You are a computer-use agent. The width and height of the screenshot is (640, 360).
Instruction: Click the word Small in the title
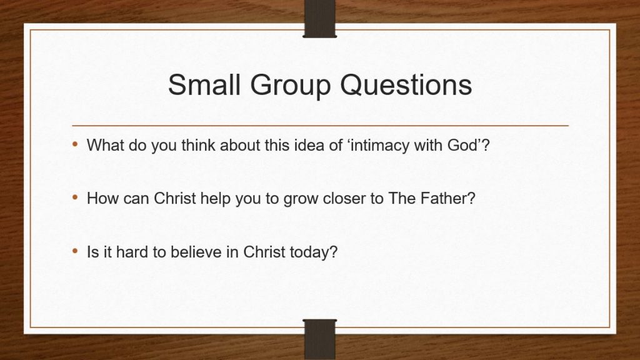click(204, 85)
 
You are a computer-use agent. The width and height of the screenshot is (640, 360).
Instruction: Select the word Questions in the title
click(406, 85)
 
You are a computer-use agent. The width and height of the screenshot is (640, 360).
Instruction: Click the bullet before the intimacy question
click(75, 144)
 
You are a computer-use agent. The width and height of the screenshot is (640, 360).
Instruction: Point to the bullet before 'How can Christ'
click(75, 197)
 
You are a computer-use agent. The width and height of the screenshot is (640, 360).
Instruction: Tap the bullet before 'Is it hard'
click(75, 251)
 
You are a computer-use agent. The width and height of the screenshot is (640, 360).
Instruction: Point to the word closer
click(344, 198)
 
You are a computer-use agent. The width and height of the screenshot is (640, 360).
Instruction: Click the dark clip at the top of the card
click(319, 19)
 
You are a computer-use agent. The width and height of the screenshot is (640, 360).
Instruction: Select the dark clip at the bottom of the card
click(319, 339)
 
